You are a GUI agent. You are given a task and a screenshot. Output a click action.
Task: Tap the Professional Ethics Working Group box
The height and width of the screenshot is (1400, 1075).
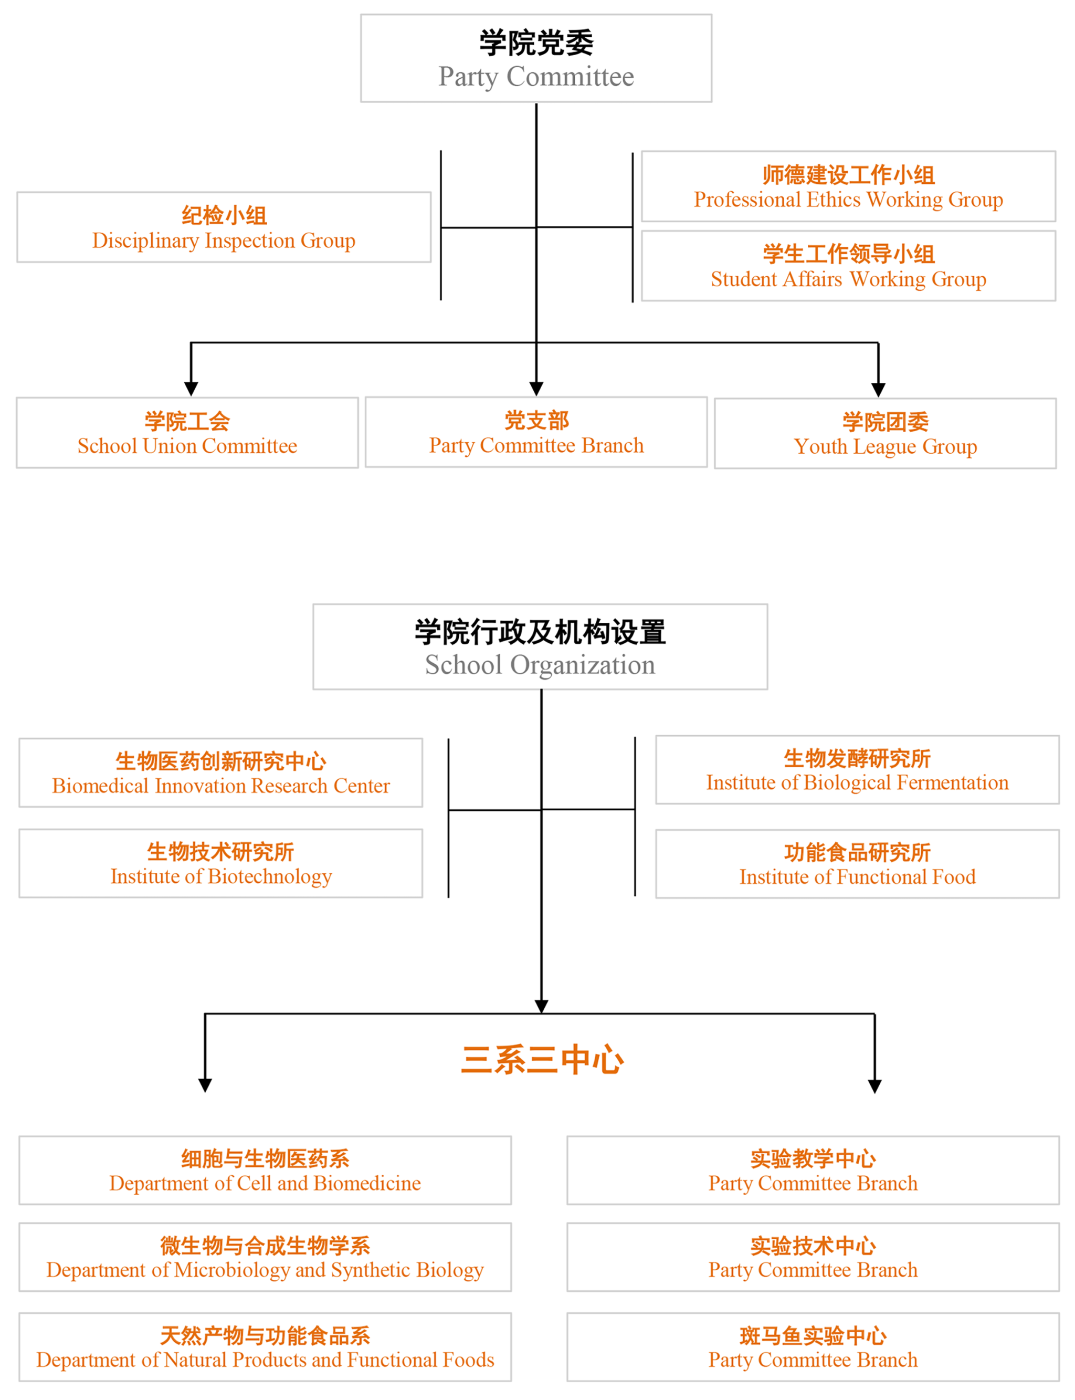point(848,186)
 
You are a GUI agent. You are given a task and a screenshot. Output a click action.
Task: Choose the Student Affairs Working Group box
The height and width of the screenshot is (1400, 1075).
point(848,266)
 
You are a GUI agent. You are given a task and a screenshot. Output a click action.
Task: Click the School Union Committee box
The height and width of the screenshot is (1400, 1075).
point(187,433)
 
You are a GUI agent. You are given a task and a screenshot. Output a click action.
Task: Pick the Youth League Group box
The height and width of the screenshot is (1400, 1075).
point(885,433)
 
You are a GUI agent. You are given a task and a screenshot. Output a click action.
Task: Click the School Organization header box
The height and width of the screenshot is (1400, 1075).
point(540,646)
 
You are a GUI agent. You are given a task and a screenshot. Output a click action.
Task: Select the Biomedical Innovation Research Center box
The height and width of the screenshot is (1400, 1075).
point(221,772)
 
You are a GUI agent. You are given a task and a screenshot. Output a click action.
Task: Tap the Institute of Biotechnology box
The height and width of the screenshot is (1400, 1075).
point(221,863)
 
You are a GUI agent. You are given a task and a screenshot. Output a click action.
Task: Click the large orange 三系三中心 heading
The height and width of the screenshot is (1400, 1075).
point(542,1059)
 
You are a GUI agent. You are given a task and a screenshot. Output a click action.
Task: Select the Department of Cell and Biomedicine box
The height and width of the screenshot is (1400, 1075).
point(265,1170)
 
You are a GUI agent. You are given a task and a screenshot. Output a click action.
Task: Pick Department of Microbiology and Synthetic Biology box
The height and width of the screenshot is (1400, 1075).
point(265,1257)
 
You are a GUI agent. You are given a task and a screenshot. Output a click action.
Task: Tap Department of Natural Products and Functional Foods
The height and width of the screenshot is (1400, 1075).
point(265,1347)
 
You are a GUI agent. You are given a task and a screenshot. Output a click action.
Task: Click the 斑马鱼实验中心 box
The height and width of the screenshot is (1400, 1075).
point(813,1347)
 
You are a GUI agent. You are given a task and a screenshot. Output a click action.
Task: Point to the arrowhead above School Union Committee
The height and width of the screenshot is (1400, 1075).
point(191,389)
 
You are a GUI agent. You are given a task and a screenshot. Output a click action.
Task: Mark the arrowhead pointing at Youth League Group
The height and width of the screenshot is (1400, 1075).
point(878,390)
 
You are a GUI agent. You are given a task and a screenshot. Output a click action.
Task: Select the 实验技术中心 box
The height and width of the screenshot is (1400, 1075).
point(813,1257)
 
